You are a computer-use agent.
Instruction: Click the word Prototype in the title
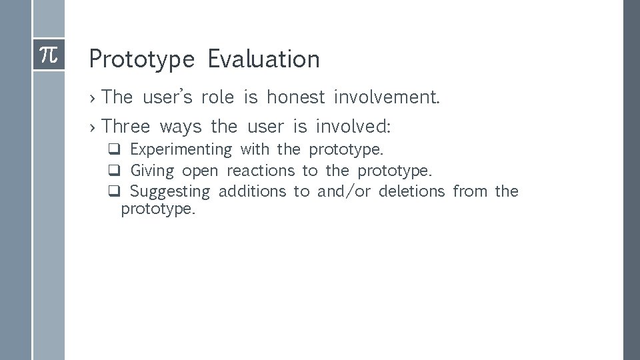click(x=141, y=59)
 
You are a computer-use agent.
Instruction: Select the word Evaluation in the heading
click(x=263, y=59)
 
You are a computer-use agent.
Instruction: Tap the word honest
click(x=295, y=97)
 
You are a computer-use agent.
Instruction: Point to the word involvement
click(x=387, y=97)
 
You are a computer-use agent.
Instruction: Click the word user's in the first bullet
click(x=167, y=97)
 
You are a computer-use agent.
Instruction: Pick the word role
click(x=218, y=97)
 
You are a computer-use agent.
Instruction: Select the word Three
click(x=127, y=125)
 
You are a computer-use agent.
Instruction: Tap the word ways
click(x=180, y=126)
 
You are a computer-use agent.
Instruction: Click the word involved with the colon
click(x=353, y=125)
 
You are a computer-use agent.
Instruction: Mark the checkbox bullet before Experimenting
click(x=114, y=149)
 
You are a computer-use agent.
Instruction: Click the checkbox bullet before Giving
click(x=114, y=171)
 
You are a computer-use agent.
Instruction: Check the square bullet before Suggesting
click(x=114, y=192)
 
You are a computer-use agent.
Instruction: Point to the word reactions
click(x=260, y=171)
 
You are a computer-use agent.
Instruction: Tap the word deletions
click(x=411, y=192)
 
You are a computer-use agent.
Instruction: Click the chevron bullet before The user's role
click(x=93, y=98)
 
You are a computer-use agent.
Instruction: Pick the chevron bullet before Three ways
click(x=93, y=126)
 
